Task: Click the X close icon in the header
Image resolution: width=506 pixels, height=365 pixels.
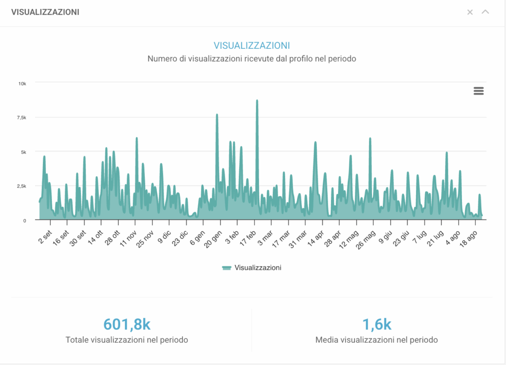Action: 470,12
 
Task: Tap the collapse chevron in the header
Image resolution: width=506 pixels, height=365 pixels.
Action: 485,12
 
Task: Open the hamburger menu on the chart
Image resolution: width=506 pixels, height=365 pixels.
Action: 478,91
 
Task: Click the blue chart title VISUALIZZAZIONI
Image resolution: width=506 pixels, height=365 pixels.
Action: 252,45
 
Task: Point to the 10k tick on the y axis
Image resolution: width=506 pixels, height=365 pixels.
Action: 22,84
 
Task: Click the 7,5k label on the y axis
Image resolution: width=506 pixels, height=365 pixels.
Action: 22,117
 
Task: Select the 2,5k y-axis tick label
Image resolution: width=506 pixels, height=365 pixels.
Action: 22,186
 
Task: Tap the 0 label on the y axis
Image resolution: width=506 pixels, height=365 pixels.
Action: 25,220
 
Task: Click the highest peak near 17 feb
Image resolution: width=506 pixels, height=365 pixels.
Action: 257,101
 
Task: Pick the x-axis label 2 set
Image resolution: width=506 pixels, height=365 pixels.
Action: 44,237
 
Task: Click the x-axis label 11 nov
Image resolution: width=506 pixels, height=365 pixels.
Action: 128,239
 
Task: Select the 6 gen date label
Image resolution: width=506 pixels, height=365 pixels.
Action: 197,238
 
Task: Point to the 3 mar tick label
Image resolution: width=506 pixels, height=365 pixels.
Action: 265,238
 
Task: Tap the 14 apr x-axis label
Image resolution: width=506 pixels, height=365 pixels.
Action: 315,239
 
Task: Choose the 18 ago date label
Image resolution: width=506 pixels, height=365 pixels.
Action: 468,239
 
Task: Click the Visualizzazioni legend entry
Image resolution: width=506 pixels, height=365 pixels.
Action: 252,268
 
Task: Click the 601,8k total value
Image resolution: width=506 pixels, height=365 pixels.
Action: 127,324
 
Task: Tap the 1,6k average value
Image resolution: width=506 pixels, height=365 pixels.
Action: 377,324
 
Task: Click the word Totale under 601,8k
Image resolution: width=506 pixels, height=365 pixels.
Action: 77,340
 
